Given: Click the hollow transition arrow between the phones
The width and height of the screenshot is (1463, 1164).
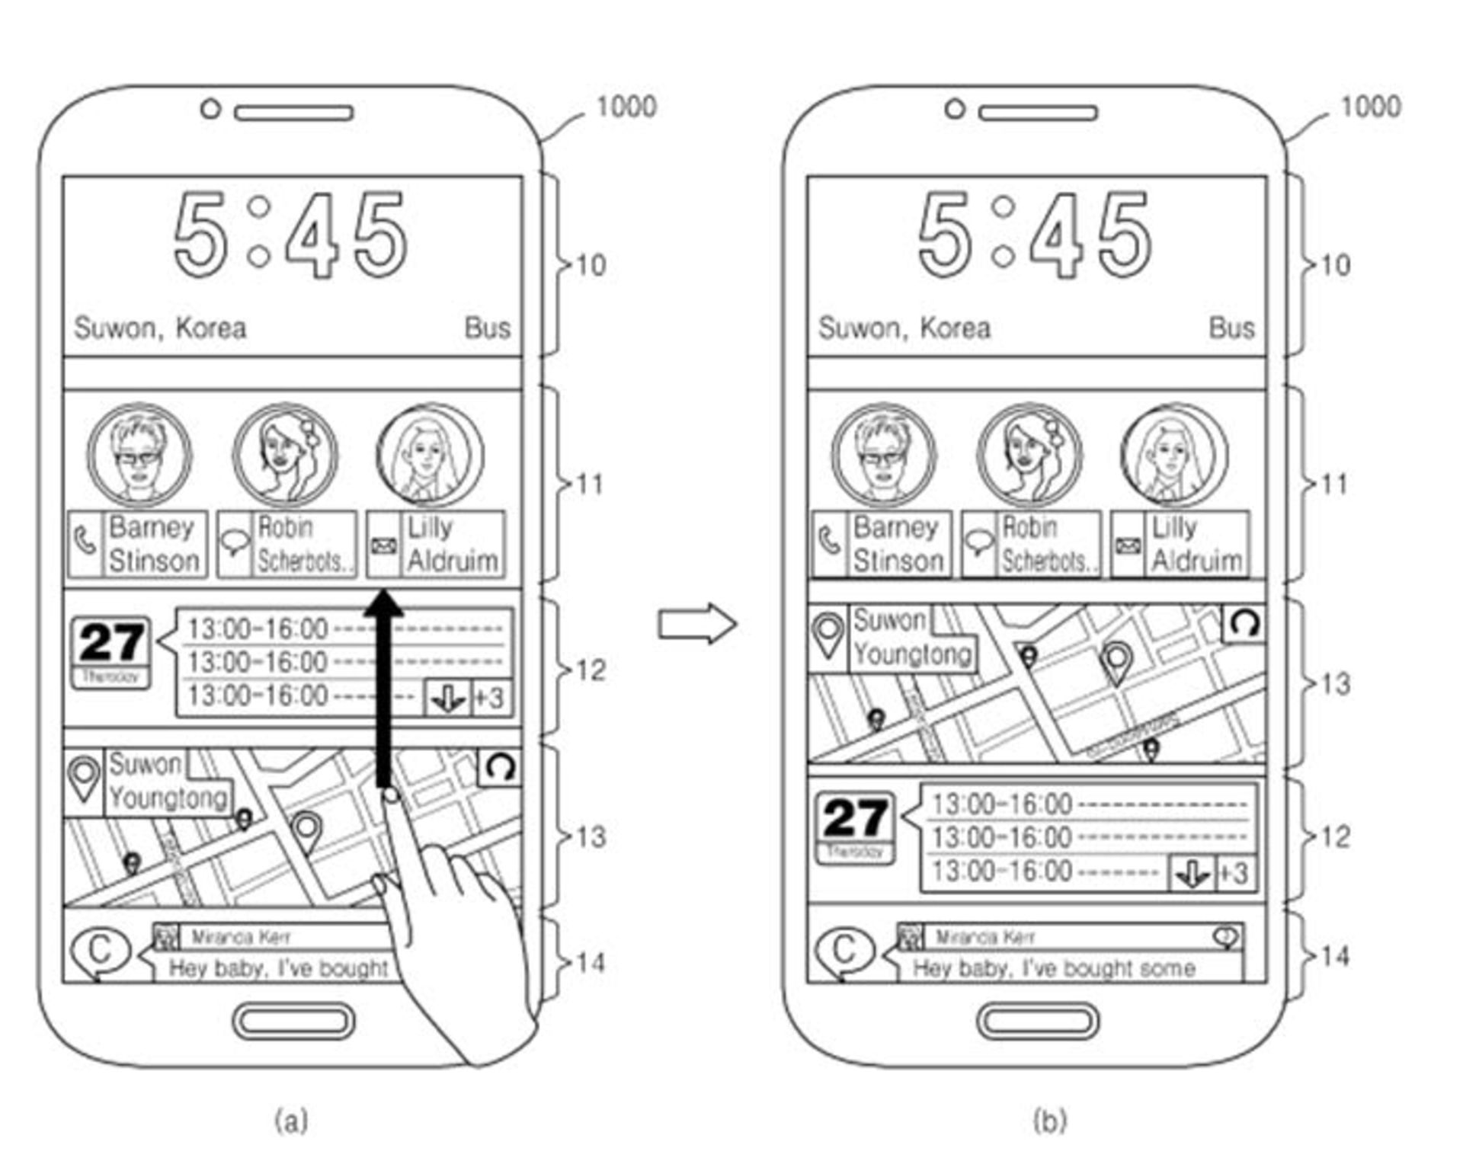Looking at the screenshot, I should click(x=696, y=624).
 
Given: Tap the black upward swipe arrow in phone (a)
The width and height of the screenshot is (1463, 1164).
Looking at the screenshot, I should click(x=383, y=686).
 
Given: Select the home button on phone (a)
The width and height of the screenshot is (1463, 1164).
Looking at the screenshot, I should click(x=293, y=1021).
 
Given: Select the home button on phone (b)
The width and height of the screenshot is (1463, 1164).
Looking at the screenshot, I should click(x=1038, y=1021).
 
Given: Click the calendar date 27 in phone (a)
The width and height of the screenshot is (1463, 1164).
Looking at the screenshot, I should click(x=111, y=643).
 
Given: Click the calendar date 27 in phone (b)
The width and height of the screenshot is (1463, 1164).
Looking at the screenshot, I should click(x=856, y=818).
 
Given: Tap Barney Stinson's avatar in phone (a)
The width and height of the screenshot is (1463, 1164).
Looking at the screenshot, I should click(x=139, y=456).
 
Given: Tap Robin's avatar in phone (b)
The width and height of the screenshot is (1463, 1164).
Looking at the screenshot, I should click(x=1029, y=456).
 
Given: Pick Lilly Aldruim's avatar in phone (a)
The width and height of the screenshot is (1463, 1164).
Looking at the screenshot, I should click(x=429, y=456).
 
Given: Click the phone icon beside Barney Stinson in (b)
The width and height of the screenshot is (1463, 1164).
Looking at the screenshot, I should click(x=829, y=542).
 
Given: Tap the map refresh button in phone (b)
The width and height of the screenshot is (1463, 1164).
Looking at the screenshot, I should click(x=1244, y=624).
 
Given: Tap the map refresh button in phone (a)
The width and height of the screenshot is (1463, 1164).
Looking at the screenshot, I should click(x=500, y=767).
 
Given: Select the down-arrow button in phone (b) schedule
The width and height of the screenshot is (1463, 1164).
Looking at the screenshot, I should click(x=1191, y=873).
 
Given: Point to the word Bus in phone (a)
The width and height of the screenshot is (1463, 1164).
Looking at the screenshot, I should click(x=488, y=328).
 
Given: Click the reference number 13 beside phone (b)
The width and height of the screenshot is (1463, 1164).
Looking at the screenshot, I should click(x=1335, y=684).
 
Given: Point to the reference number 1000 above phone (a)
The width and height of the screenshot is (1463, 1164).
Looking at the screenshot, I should click(x=626, y=107).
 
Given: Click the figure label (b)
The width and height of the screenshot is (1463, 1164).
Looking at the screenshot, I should click(x=1050, y=1121).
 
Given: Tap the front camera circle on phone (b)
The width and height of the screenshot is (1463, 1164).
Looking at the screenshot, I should click(x=955, y=109).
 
